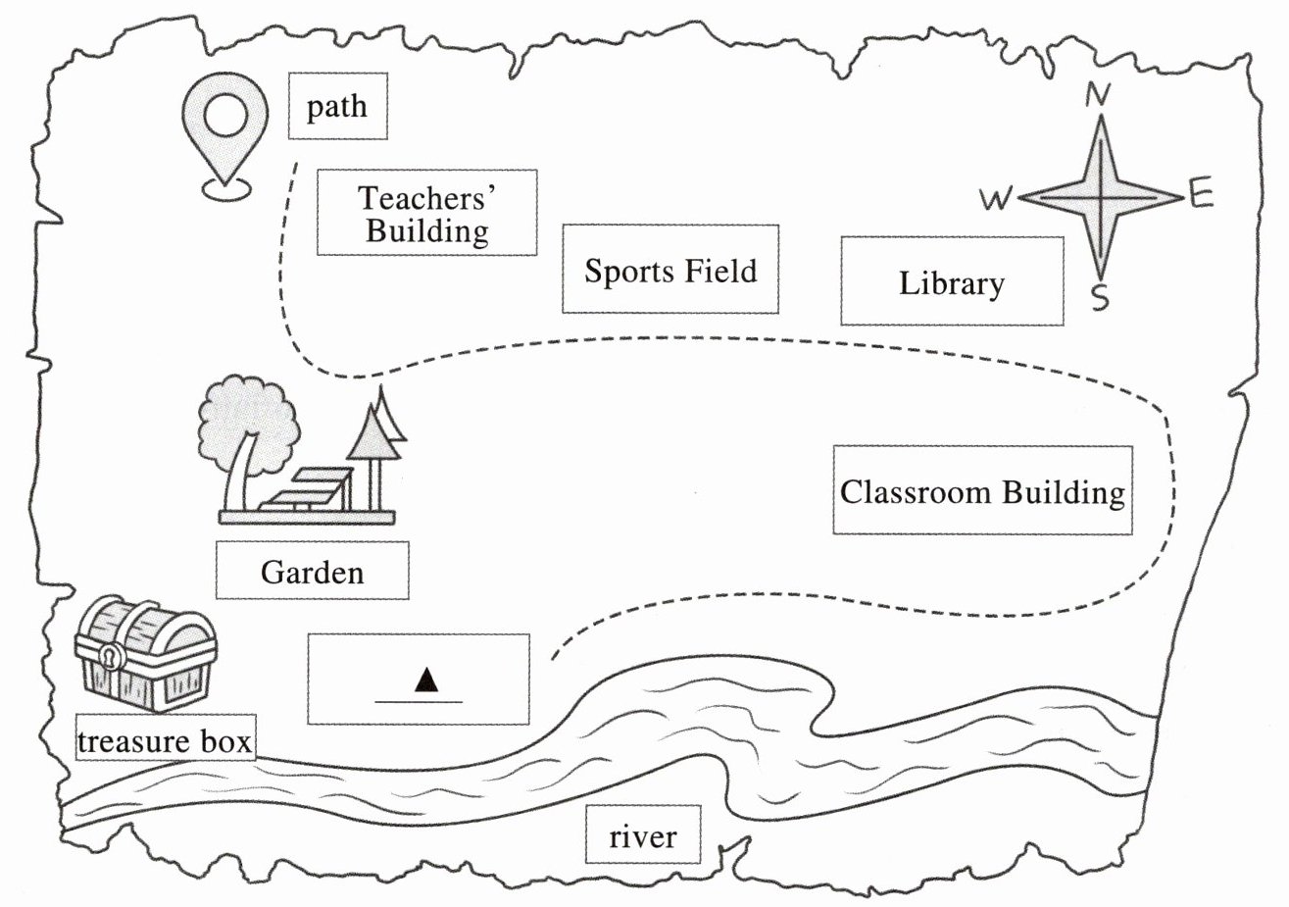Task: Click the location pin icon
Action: (x=225, y=136)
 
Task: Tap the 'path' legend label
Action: (x=338, y=106)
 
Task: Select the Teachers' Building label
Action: (x=427, y=213)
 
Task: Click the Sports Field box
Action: (x=670, y=270)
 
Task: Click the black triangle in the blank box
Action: (x=425, y=680)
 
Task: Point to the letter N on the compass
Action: (x=1098, y=95)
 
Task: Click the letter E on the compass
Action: (x=1201, y=193)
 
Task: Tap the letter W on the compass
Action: (x=995, y=198)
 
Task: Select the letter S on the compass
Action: (x=1100, y=297)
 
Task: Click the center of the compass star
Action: (x=1100, y=198)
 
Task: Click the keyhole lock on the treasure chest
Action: (x=112, y=656)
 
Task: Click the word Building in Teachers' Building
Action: (x=427, y=231)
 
